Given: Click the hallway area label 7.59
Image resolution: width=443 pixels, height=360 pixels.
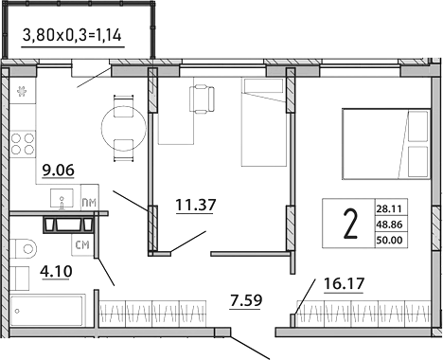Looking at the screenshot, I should pyautogui.click(x=247, y=303).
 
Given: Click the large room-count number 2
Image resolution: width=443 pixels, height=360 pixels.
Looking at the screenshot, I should pyautogui.click(x=349, y=224).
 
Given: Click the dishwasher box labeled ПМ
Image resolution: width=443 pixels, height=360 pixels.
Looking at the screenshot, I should pyautogui.click(x=88, y=203).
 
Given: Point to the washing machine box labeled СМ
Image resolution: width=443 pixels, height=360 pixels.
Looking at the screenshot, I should pyautogui.click(x=81, y=245).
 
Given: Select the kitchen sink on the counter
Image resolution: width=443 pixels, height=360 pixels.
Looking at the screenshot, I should pyautogui.click(x=62, y=200).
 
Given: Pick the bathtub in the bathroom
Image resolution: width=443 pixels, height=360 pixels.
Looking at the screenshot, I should pyautogui.click(x=47, y=309).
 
